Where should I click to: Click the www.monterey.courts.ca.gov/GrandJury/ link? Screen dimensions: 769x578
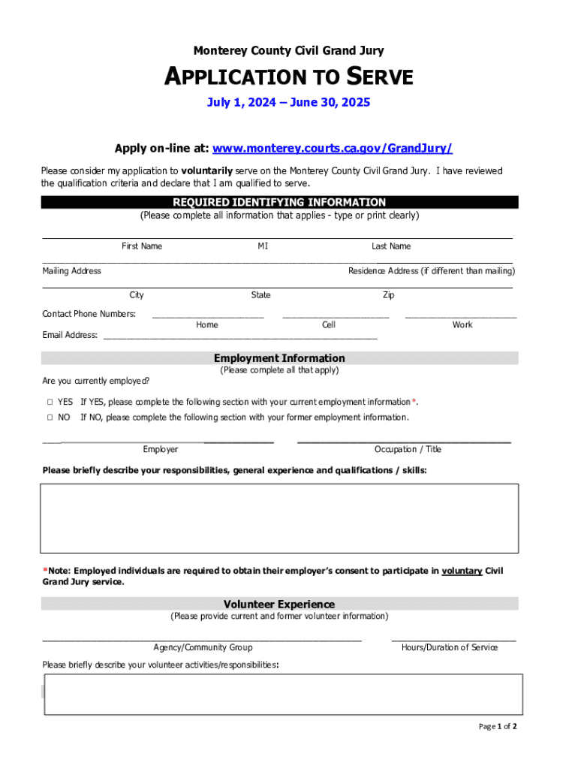click(x=333, y=148)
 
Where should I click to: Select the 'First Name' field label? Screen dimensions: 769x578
click(x=142, y=246)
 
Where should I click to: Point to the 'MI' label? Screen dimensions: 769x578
click(x=263, y=246)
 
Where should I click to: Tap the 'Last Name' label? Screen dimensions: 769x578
click(x=391, y=246)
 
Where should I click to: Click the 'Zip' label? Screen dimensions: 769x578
click(x=389, y=295)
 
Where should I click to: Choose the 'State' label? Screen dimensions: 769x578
click(x=261, y=295)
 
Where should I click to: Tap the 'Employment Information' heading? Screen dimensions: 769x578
click(x=279, y=358)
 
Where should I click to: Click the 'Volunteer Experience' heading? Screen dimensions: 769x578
click(x=279, y=604)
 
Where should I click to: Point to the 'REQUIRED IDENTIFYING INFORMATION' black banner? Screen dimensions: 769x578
click(x=279, y=202)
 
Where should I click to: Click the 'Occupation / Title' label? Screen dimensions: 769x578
click(x=408, y=449)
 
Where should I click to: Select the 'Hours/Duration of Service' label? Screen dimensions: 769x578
click(x=450, y=647)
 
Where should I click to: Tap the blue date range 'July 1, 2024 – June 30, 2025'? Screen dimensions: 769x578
click(x=288, y=102)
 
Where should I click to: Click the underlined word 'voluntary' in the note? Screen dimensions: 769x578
click(x=462, y=571)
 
